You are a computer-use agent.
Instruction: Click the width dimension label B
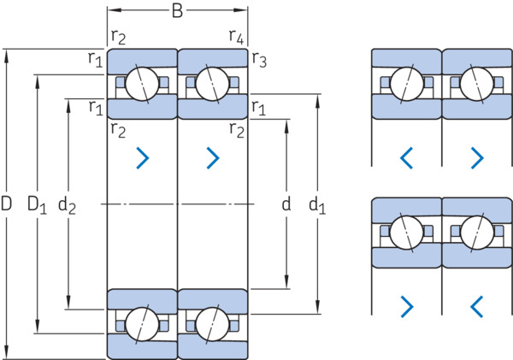177,11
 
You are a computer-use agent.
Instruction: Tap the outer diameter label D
6,204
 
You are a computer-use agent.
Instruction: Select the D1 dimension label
37,204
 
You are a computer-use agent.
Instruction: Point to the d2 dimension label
67,205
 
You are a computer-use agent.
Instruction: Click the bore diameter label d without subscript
286,204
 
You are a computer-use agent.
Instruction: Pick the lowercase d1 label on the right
317,205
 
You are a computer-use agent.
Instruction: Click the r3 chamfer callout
259,60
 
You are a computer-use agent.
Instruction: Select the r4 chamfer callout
236,36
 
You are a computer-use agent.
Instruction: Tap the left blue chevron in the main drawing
143,158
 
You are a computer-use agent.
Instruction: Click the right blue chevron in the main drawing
213,158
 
